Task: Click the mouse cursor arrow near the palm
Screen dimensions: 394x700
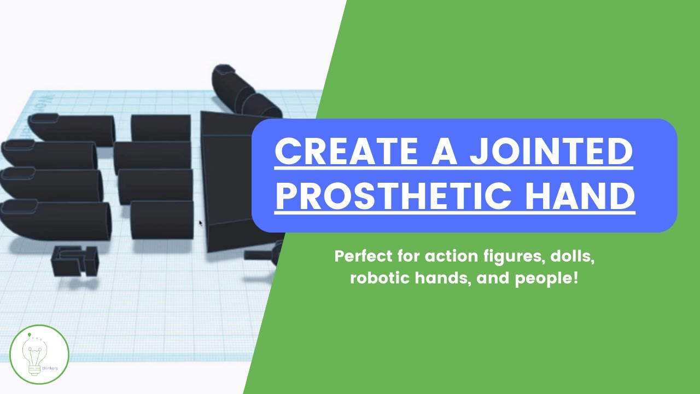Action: click(200, 223)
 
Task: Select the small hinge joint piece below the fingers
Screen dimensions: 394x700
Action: click(75, 260)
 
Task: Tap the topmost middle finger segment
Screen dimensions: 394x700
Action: click(161, 127)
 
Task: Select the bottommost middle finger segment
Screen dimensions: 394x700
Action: click(162, 219)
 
